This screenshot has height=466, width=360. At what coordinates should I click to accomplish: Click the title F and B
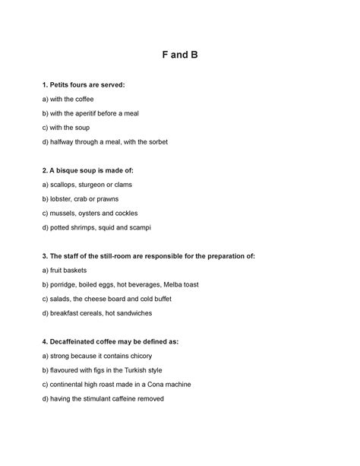(180, 55)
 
